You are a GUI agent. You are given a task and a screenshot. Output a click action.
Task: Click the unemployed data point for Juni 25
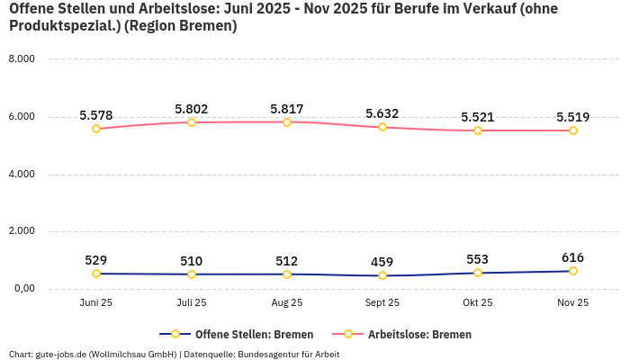tap(96, 129)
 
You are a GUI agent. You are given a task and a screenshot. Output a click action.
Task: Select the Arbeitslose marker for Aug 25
tap(287, 122)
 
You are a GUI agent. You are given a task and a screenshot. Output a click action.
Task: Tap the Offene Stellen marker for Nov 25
tap(573, 271)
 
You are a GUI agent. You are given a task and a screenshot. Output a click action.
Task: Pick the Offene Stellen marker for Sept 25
tap(382, 275)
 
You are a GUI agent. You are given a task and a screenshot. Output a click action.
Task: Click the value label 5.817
tap(287, 109)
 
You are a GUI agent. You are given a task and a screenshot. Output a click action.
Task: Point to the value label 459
tap(382, 262)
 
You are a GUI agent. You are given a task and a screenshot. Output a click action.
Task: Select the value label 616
tap(573, 257)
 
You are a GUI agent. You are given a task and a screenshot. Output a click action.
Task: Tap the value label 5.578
tap(96, 115)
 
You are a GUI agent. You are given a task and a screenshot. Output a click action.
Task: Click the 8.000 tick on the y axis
tap(21, 58)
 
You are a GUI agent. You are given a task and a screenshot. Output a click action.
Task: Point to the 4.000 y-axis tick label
tap(21, 174)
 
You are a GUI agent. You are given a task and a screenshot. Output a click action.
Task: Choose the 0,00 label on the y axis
tap(22, 288)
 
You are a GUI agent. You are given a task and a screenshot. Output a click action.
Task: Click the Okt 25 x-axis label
tap(478, 303)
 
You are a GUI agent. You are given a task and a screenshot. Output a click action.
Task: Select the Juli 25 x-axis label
tap(192, 303)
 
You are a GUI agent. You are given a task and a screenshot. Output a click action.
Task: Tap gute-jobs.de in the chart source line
tap(61, 354)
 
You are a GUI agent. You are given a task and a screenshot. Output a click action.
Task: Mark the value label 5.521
tap(478, 117)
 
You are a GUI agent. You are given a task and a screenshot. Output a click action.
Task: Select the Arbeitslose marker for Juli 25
tap(192, 122)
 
